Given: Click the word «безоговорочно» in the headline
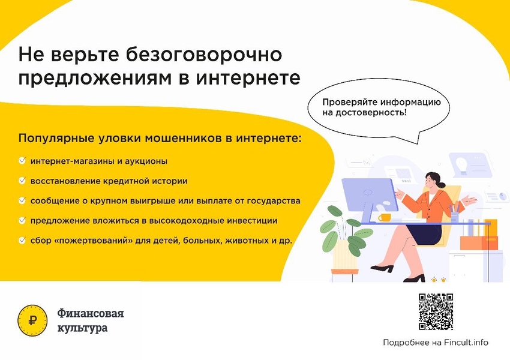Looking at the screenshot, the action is (x=203, y=55).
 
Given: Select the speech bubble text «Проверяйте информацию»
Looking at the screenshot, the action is (x=382, y=102).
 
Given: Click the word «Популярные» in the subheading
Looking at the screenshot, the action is (x=56, y=139).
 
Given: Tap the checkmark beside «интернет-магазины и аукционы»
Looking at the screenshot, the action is (x=22, y=160).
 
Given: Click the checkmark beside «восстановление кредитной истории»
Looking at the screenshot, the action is (x=22, y=181).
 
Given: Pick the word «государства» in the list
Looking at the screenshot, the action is (x=274, y=202).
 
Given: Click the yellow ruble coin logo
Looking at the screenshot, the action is (x=32, y=320).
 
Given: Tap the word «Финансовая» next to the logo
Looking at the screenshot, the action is (x=91, y=313).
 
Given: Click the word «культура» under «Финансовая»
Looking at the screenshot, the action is (x=82, y=328).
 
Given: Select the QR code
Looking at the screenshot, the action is (x=436, y=311).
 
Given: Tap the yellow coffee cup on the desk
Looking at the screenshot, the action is (x=385, y=218).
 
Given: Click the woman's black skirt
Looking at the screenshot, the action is (x=424, y=234).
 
